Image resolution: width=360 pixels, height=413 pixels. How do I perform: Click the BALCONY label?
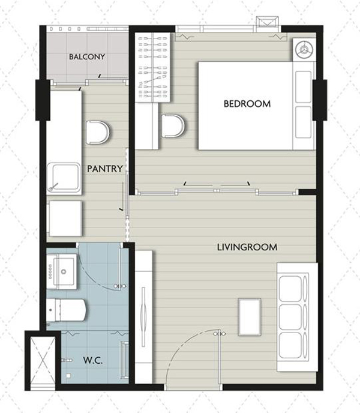pyautogui.click(x=87, y=56)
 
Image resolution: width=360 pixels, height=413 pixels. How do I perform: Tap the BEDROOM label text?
pyautogui.click(x=247, y=103)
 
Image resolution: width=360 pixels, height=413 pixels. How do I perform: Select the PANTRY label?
pyautogui.click(x=105, y=169)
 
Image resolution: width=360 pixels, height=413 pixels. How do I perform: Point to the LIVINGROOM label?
pyautogui.click(x=247, y=247)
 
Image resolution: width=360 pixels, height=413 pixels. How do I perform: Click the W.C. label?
pyautogui.click(x=92, y=360)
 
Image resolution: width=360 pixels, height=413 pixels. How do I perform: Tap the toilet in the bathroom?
pyautogui.click(x=66, y=310)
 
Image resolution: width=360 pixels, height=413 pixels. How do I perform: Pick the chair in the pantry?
pyautogui.click(x=97, y=133)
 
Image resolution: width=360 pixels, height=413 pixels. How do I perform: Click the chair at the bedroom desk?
pyautogui.click(x=173, y=126)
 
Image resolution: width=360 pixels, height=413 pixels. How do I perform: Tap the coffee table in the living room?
pyautogui.click(x=250, y=317)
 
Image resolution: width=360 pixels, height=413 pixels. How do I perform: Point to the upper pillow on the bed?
pyautogui.click(x=304, y=87)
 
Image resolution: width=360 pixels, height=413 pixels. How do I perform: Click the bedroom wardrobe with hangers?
pyautogui.click(x=153, y=68)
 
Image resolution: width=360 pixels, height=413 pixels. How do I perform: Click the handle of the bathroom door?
pyautogui.click(x=120, y=286)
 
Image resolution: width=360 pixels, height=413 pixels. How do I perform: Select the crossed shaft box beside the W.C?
pyautogui.click(x=43, y=360)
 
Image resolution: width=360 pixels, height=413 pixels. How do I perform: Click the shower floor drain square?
pyautogui.click(x=68, y=376)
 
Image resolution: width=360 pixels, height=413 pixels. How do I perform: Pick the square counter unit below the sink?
pyautogui.click(x=65, y=219)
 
